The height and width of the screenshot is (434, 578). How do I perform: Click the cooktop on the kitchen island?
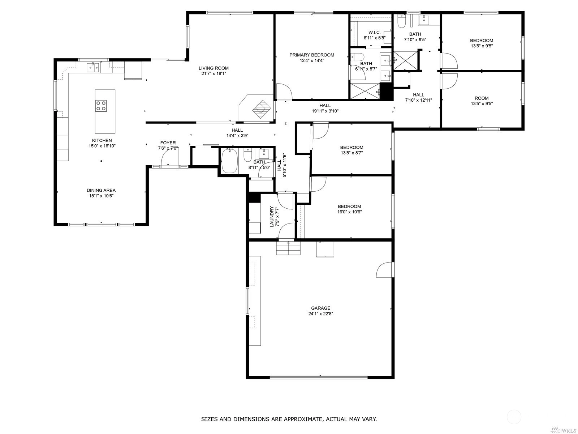click(x=101, y=106)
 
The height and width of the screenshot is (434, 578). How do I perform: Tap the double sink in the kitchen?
click(x=93, y=68)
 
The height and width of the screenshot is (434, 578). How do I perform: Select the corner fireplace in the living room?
click(x=256, y=108)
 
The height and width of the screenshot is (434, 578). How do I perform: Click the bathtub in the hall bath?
click(x=230, y=161)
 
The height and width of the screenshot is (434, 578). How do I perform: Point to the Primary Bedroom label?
click(x=312, y=55)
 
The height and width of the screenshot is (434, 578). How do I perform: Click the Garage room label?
click(x=320, y=308)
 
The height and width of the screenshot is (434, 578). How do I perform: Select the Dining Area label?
click(x=101, y=190)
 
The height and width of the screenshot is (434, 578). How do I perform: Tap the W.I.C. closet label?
click(x=375, y=33)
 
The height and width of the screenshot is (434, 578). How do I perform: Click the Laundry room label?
click(x=272, y=216)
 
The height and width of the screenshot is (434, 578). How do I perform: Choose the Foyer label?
click(x=168, y=143)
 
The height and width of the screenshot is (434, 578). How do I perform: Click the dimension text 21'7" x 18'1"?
click(x=213, y=73)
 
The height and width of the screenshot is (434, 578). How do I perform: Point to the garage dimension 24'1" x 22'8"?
click(x=320, y=314)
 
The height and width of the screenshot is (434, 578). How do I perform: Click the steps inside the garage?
click(x=288, y=248)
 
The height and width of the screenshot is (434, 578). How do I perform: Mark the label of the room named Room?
click(x=482, y=98)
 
